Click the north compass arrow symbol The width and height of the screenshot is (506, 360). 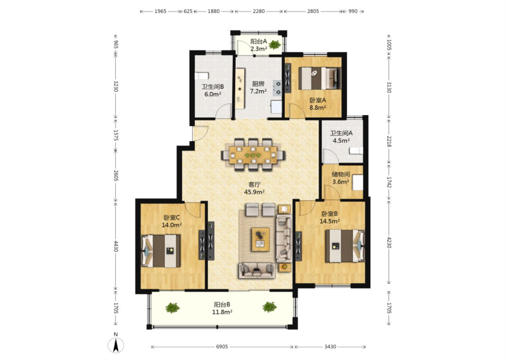click(116, 346)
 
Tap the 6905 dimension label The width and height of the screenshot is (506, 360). click(222, 347)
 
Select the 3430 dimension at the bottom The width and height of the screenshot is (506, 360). click(330, 347)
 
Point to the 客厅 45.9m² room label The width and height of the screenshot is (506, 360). click(254, 188)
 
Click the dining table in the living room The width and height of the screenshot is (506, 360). click(253, 155)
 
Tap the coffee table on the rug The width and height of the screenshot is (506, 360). click(261, 239)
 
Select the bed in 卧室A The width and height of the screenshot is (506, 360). click(320, 78)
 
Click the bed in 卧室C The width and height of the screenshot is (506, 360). click(161, 251)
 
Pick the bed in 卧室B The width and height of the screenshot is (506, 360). click(345, 246)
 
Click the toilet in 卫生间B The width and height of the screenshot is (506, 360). click(202, 76)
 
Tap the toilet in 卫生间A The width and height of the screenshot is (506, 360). click(356, 151)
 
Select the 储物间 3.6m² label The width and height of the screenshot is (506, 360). click(340, 178)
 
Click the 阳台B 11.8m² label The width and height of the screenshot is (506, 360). click(222, 308)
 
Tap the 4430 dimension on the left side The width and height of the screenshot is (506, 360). click(116, 246)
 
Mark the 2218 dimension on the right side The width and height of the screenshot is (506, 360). click(389, 141)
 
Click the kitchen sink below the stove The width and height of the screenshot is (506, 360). click(276, 107)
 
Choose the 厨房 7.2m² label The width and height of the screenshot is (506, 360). click(258, 88)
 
